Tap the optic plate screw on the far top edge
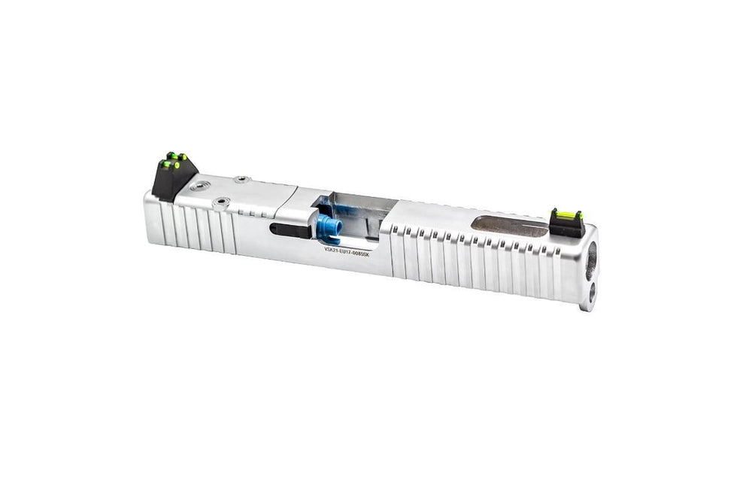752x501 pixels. [x=242, y=180]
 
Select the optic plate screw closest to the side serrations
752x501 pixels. [x=221, y=202]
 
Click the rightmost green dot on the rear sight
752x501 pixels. [x=183, y=157]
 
